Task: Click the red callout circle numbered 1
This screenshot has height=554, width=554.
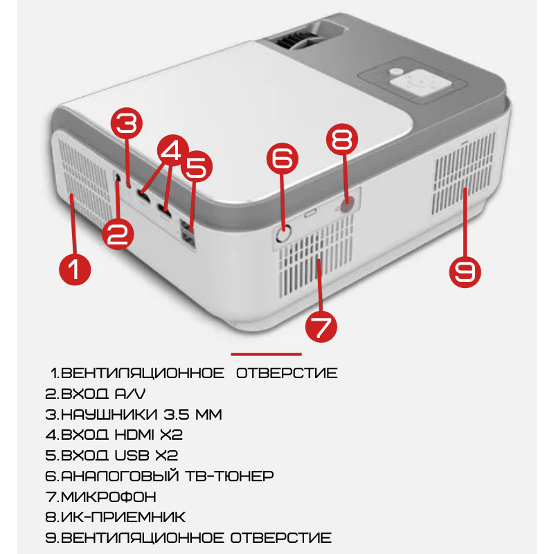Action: tap(75, 269)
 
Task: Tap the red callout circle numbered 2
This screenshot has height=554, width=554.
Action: tap(118, 234)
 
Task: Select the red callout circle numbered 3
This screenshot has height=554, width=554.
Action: tap(127, 123)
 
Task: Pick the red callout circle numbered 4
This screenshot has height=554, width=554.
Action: tap(173, 150)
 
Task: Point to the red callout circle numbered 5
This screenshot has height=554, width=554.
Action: tap(197, 166)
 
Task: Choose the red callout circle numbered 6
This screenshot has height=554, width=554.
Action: tap(283, 159)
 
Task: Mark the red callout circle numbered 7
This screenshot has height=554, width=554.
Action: tap(321, 326)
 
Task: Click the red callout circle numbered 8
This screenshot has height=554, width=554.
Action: tap(342, 139)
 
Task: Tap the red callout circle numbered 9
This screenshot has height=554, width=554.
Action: tap(465, 271)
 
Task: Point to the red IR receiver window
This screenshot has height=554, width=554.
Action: tap(347, 204)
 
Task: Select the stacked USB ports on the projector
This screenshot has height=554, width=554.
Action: tap(188, 234)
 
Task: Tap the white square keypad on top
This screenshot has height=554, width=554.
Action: tap(420, 83)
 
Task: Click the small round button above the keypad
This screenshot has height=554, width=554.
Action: tap(395, 71)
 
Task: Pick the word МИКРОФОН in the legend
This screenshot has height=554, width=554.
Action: tap(108, 497)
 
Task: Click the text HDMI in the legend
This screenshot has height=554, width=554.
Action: tap(134, 435)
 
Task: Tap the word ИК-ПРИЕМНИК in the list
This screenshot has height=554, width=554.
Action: tap(123, 517)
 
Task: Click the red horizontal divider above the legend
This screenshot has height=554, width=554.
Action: tap(267, 354)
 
